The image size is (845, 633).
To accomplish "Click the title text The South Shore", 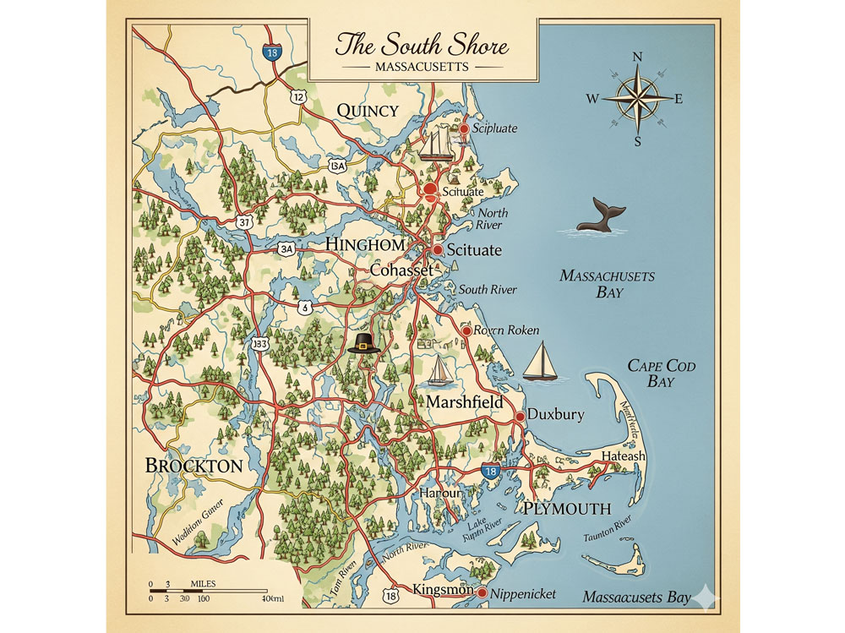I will pyautogui.click(x=422, y=43).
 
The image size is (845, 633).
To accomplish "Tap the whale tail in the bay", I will pyautogui.click(x=600, y=216).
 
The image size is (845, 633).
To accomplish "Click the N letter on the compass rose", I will pyautogui.click(x=638, y=57).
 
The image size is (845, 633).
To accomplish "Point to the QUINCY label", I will pyautogui.click(x=368, y=111).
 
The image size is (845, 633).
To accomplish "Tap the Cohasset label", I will pyautogui.click(x=401, y=270).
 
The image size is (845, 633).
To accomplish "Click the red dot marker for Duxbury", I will pyautogui.click(x=521, y=416).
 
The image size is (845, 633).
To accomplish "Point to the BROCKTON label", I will pyautogui.click(x=194, y=466).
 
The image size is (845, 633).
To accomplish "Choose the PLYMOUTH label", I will pyautogui.click(x=566, y=508).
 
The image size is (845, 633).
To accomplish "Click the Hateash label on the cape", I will pyautogui.click(x=623, y=456).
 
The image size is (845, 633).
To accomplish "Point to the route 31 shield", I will pyautogui.click(x=244, y=221).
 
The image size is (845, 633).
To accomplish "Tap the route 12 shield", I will pyautogui.click(x=297, y=97).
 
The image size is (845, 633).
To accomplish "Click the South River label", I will pyautogui.click(x=488, y=290).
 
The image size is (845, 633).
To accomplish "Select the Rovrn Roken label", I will pyautogui.click(x=507, y=330).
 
